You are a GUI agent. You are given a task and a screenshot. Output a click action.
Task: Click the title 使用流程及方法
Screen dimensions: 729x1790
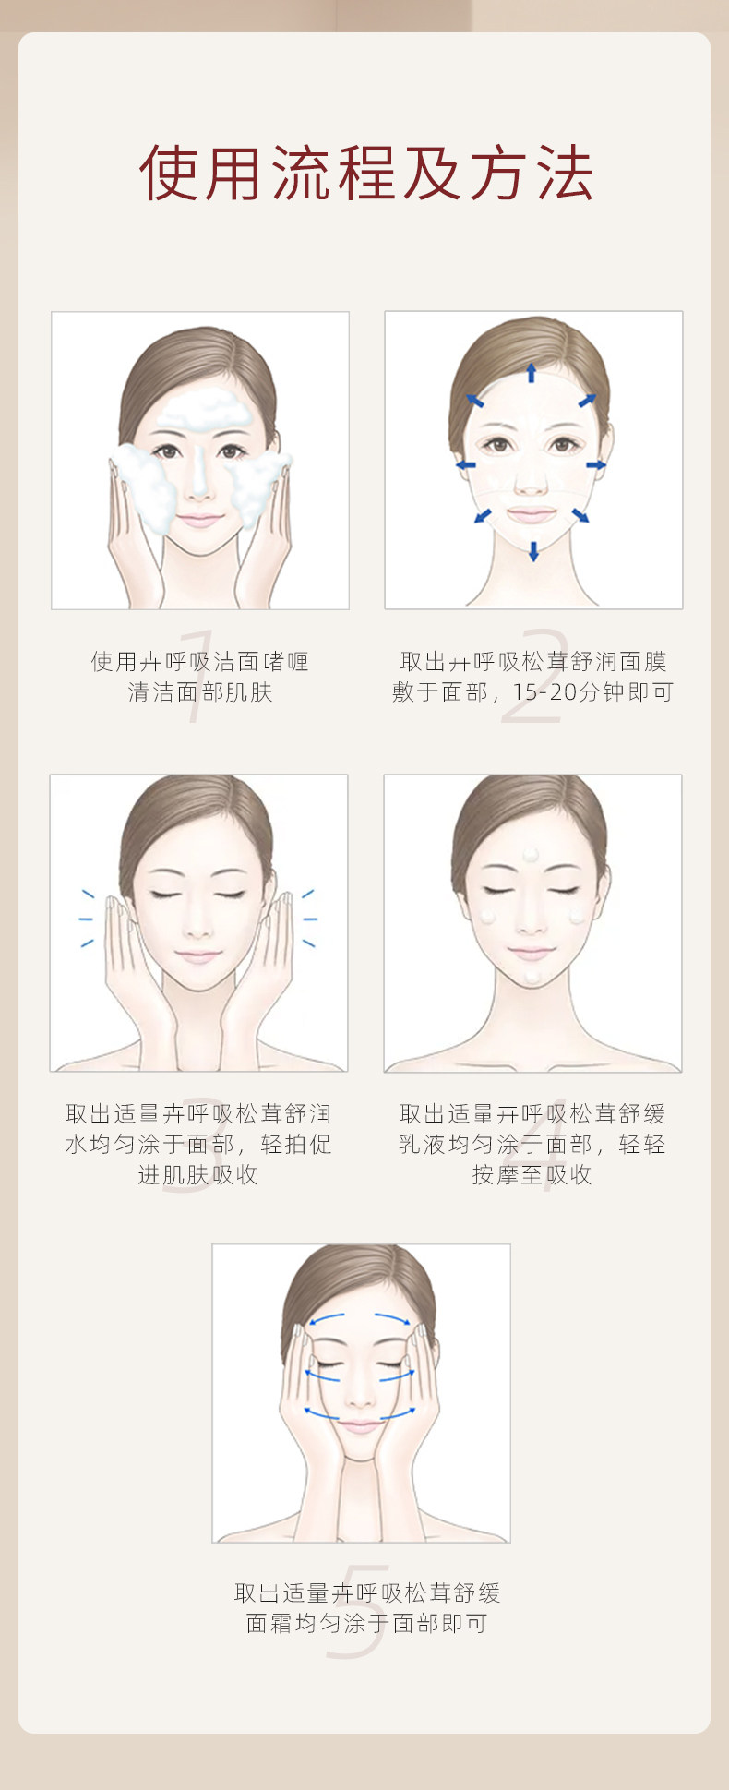(365, 173)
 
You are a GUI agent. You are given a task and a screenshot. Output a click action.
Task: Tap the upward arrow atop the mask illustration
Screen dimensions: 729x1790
(532, 372)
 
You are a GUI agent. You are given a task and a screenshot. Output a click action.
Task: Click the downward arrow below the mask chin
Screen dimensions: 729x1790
(533, 551)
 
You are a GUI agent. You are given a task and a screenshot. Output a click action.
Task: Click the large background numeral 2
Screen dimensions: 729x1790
(533, 676)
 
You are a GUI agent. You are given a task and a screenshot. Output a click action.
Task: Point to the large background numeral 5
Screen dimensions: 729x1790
(358, 1611)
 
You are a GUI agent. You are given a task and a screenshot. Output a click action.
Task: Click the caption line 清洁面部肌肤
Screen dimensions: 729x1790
(200, 692)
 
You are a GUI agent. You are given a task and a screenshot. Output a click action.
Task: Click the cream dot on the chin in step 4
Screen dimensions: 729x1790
(532, 976)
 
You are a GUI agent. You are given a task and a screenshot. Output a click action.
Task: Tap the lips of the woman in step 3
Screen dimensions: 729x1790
(198, 955)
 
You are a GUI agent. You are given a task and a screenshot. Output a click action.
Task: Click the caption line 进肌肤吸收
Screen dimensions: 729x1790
(198, 1175)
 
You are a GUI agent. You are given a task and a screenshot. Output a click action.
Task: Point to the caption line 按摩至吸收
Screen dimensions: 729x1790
(532, 1175)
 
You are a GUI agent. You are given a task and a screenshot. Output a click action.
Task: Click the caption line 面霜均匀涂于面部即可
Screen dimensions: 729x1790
(366, 1623)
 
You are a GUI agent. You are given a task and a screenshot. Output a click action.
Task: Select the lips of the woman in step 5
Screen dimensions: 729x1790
(360, 1426)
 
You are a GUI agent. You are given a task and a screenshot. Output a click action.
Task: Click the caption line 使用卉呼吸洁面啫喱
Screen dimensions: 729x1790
(200, 662)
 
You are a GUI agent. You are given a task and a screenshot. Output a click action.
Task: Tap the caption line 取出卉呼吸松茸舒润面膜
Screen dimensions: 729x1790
(533, 662)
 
